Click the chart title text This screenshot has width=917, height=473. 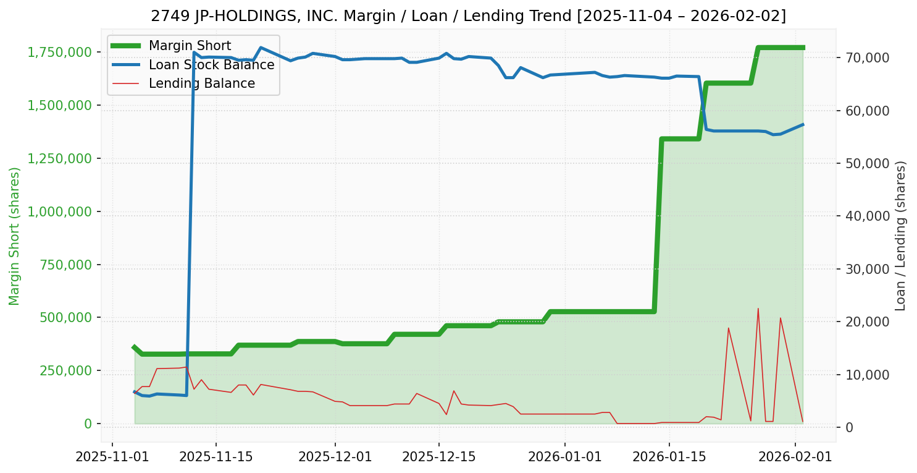468,15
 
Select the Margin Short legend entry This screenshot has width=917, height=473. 190,46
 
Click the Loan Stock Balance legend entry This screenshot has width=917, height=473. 211,65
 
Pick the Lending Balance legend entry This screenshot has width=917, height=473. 201,83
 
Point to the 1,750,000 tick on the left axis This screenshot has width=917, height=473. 58,52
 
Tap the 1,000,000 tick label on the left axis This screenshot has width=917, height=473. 58,211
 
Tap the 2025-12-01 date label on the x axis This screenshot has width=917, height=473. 335,458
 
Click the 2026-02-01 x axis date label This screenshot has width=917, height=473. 795,458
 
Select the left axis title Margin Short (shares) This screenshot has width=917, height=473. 15,236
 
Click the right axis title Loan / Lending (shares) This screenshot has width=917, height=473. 900,236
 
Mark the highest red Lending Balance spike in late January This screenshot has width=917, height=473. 758,309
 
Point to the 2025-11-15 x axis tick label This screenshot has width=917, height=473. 216,458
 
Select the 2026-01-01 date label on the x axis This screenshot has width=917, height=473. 565,458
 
